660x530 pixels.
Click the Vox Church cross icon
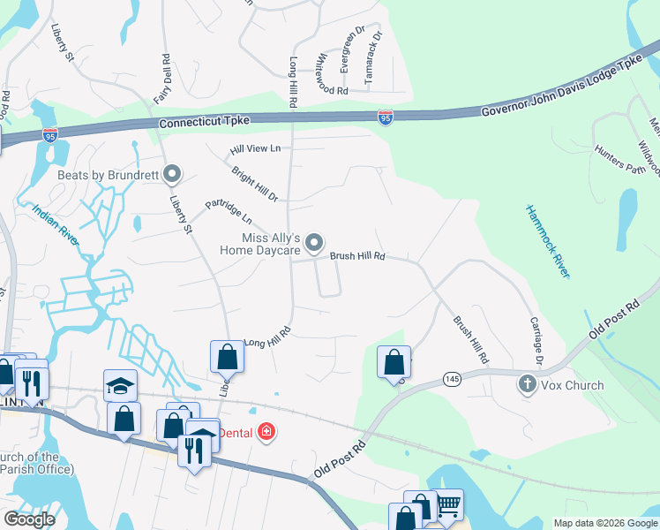pyautogui.click(x=528, y=384)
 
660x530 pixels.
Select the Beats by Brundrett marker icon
pyautogui.click(x=173, y=174)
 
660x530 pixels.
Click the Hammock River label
pyautogui.click(x=548, y=241)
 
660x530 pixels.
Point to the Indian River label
pyautogui.click(x=56, y=225)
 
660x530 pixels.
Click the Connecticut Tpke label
pyautogui.click(x=205, y=121)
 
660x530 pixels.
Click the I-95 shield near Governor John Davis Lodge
pyautogui.click(x=386, y=117)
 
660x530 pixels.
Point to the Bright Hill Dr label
pyautogui.click(x=255, y=182)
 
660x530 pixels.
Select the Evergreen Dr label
pyautogui.click(x=347, y=51)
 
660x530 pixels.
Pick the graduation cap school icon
pyautogui.click(x=120, y=385)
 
